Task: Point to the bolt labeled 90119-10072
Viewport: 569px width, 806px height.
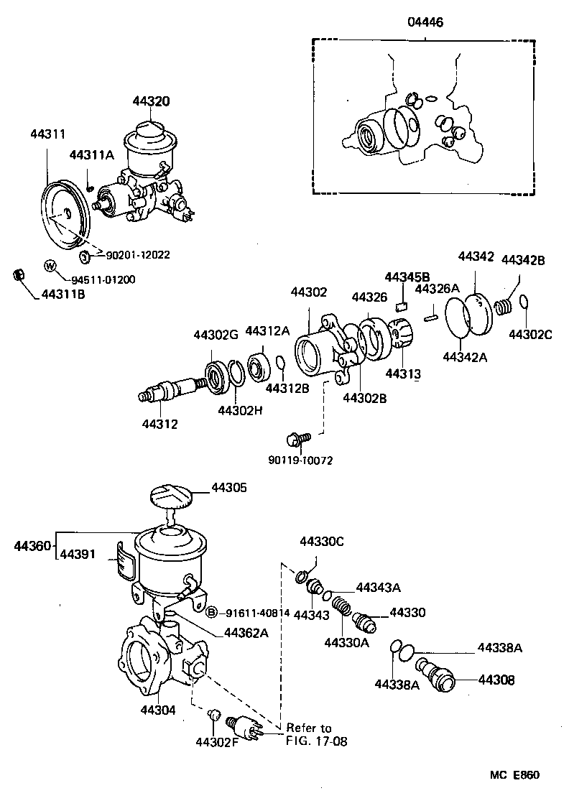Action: coord(297,438)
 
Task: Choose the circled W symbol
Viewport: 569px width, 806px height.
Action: coord(50,266)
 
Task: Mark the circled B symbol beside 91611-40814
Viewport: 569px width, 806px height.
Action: coord(211,613)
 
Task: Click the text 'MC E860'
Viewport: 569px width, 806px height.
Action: coord(514,775)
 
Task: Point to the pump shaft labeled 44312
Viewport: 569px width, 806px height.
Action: coord(169,392)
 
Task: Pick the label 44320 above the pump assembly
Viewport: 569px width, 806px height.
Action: coord(151,101)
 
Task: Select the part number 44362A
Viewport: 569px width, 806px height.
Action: coord(246,633)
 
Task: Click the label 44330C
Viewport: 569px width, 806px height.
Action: coord(322,541)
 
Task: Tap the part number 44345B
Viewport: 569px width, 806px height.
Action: coord(407,277)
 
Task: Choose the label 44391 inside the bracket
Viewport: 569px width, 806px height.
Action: coord(78,554)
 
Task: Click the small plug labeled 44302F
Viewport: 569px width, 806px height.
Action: coord(213,715)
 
